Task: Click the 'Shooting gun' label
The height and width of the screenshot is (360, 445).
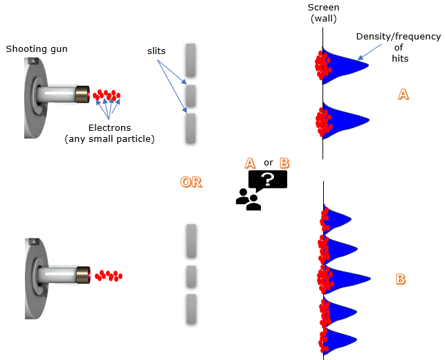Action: coord(37,48)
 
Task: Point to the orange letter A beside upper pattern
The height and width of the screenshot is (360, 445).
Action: coord(403,95)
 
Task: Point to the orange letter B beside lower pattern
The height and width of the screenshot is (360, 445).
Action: coord(400,280)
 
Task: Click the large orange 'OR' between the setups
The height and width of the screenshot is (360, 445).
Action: coord(191,182)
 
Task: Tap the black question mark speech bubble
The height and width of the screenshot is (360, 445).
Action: coord(267,179)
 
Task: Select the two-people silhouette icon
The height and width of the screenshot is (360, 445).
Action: coord(248,199)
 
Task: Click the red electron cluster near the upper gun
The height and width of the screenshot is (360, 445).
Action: coord(107,94)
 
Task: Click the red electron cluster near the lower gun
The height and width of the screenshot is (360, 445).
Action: coord(108,276)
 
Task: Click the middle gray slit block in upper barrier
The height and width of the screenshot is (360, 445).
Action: coord(192,94)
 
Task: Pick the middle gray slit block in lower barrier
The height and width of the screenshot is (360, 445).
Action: coord(192,276)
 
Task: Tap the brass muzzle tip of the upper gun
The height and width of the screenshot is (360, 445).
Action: coord(83,94)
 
